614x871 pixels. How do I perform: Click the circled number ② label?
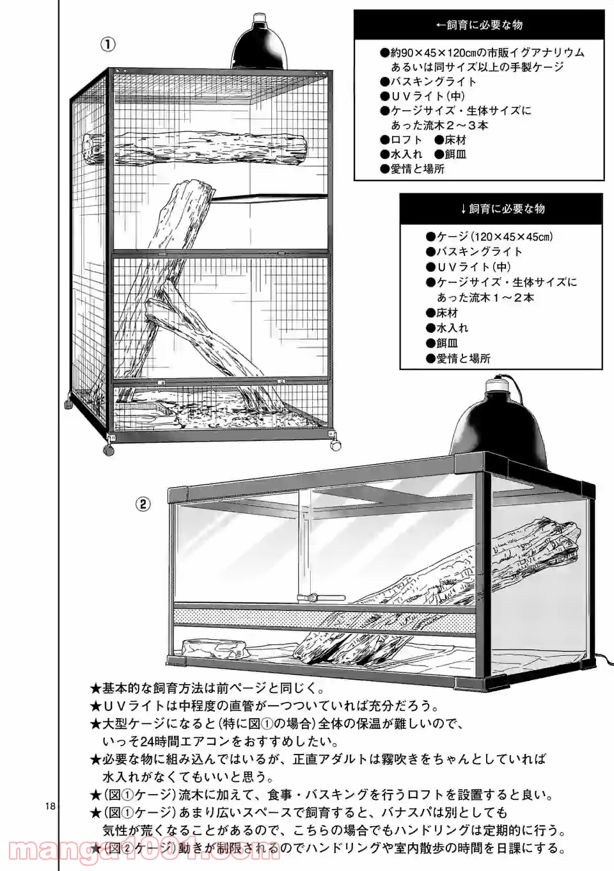click(x=143, y=504)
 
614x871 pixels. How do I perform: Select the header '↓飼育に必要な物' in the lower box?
click(x=502, y=209)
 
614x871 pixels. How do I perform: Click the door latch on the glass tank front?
click(x=313, y=598)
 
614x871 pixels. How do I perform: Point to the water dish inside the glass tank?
click(x=214, y=649)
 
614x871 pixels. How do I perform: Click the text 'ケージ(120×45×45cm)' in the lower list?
click(x=495, y=237)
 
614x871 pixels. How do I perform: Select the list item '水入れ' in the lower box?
click(x=452, y=328)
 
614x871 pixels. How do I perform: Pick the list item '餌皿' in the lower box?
click(x=447, y=343)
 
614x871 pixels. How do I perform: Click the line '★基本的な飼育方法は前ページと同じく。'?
click(x=207, y=689)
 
